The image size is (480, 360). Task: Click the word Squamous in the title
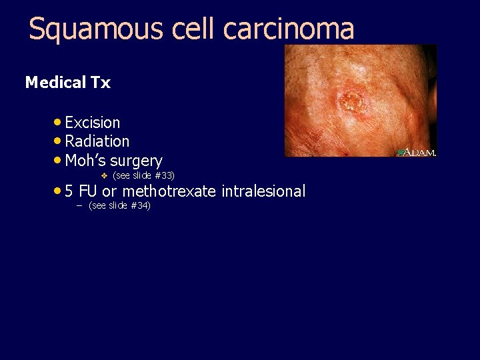pos(86,29)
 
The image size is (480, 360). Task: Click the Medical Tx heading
pos(67,83)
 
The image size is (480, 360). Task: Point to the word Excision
pos(93,123)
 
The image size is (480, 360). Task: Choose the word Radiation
pos(97,141)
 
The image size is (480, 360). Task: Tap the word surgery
pos(137,161)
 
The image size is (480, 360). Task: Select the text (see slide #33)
pos(144,175)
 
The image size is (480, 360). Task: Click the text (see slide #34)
pos(119,205)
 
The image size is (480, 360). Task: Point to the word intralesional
pos(263,192)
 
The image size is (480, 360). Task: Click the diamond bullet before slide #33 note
pos(103,175)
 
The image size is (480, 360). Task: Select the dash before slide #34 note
pos(78,205)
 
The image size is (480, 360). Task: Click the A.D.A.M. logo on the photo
pos(417,152)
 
